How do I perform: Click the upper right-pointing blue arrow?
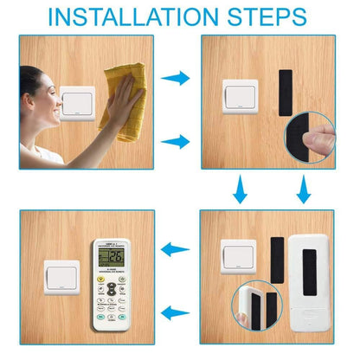coord(178,78)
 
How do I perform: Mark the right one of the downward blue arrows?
coord(303,188)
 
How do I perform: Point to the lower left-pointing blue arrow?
coord(177,312)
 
